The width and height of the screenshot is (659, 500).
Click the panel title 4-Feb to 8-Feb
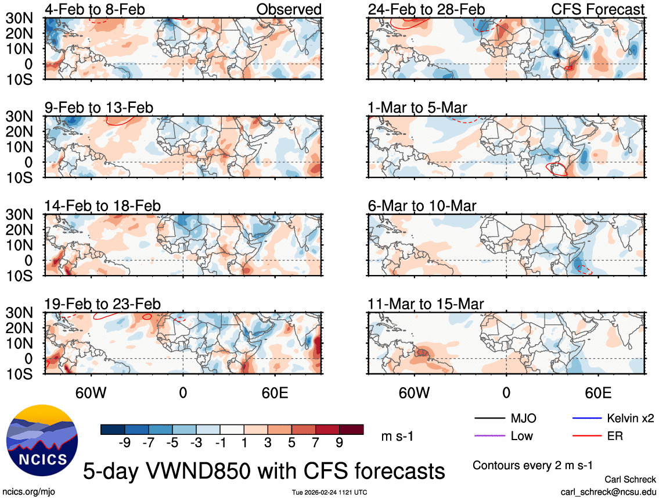click(95, 9)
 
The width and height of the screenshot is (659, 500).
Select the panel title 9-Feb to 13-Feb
click(99, 108)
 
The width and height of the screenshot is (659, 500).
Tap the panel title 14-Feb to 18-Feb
click(102, 206)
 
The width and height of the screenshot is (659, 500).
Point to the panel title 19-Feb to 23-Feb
click(102, 304)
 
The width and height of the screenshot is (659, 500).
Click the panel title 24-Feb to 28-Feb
click(426, 9)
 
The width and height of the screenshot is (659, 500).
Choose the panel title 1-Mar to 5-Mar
click(417, 108)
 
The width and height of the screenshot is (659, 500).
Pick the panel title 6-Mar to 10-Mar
click(422, 206)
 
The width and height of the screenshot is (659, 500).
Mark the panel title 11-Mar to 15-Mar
click(426, 304)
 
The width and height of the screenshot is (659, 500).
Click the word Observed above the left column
click(289, 9)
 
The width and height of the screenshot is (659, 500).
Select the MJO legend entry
click(523, 418)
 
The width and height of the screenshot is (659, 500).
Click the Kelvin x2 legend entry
click(632, 418)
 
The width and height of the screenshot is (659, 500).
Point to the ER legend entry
click(614, 435)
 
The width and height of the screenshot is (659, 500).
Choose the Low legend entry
click(521, 435)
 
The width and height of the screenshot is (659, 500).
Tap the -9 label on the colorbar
click(124, 443)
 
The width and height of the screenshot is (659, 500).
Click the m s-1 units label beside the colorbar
click(397, 436)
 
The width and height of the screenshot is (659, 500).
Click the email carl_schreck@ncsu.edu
click(608, 491)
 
